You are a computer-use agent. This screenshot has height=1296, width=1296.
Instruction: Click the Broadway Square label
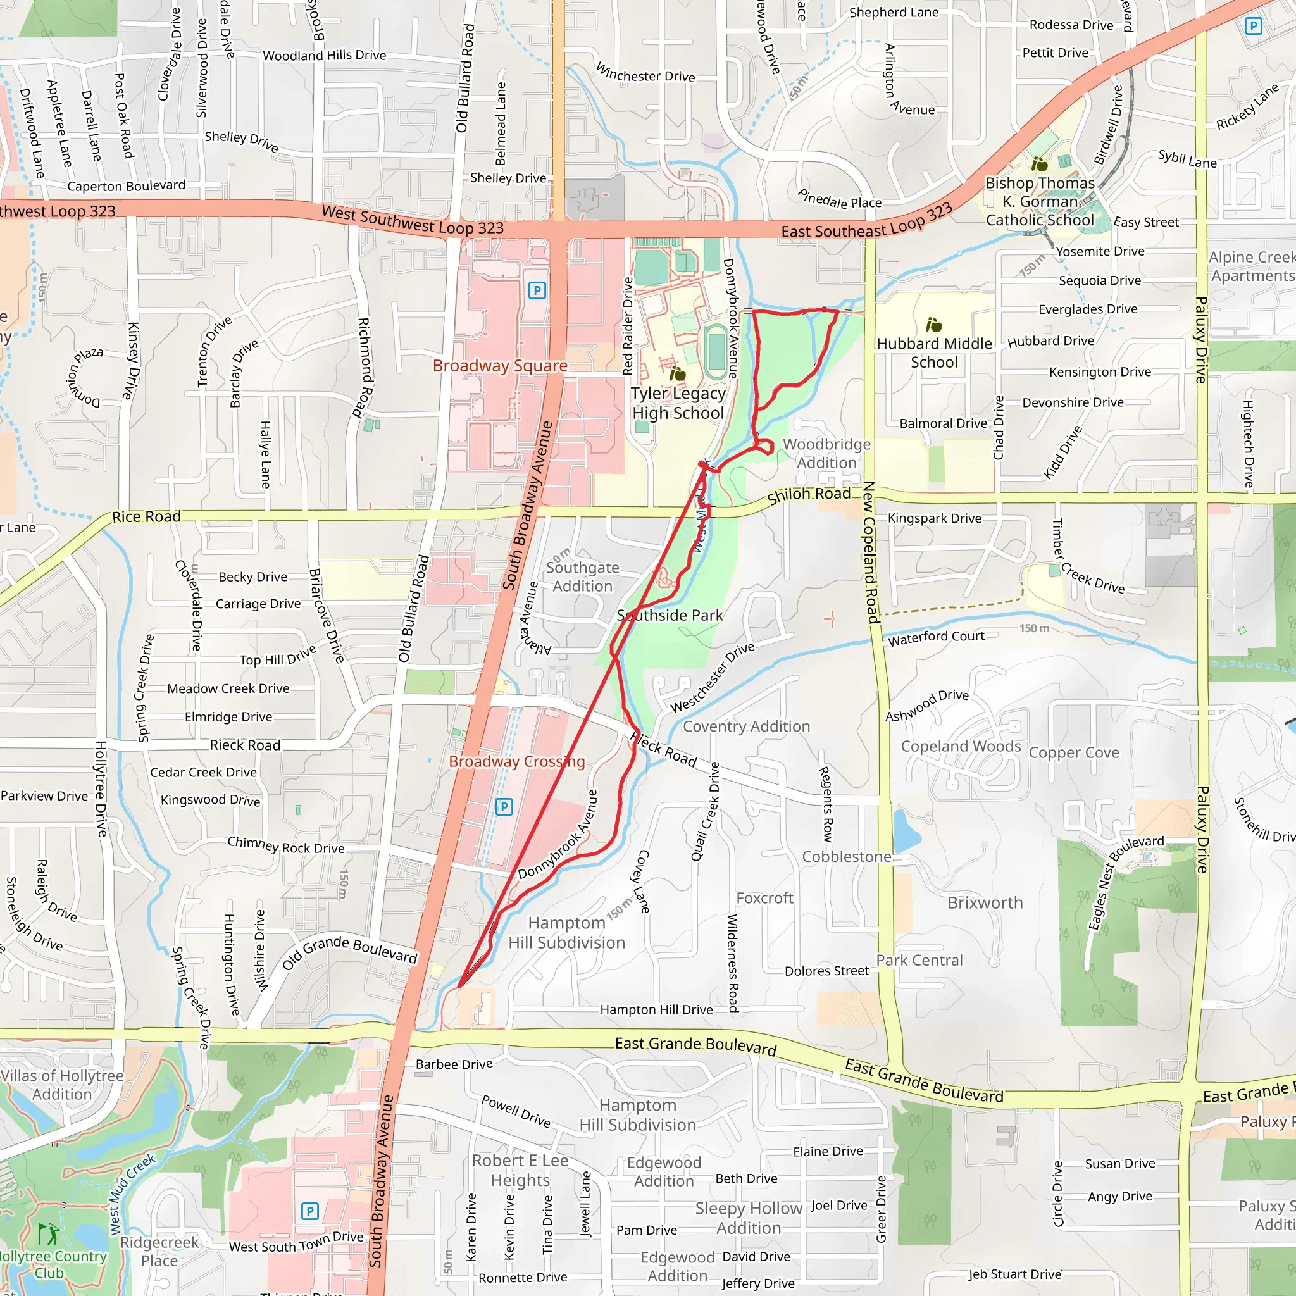coord(500,366)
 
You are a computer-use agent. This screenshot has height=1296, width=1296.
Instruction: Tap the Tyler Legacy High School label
coord(678,403)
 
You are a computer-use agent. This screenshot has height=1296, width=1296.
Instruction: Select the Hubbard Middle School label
coord(934,353)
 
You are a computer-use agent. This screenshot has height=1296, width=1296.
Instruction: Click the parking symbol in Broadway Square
coord(537,290)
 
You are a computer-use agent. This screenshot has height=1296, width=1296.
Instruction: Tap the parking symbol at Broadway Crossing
coord(504,806)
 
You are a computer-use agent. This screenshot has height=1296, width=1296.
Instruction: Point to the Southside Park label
coord(670,615)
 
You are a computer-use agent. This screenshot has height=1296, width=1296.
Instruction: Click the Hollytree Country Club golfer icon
coord(48,1233)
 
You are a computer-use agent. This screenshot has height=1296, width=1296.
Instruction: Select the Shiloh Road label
coord(808,495)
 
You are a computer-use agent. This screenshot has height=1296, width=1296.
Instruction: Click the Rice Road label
coord(146,516)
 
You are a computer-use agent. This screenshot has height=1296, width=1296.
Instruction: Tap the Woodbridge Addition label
coord(826,454)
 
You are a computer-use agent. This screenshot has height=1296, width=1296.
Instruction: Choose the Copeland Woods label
coord(961,747)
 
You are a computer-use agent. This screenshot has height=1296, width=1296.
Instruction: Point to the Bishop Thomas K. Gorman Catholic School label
coord(1039,201)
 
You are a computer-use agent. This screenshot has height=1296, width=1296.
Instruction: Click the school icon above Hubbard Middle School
coord(934,325)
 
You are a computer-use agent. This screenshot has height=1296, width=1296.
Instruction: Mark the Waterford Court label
coord(936,637)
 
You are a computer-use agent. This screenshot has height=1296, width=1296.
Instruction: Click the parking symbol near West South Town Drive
coord(309,1211)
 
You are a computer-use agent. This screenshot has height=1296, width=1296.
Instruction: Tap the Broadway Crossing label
coord(516,761)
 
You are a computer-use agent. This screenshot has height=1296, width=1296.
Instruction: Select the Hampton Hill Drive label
coord(656,1009)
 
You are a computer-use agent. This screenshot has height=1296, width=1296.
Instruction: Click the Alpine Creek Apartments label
coord(1252,266)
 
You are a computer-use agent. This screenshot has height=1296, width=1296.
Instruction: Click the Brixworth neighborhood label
coord(985,903)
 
